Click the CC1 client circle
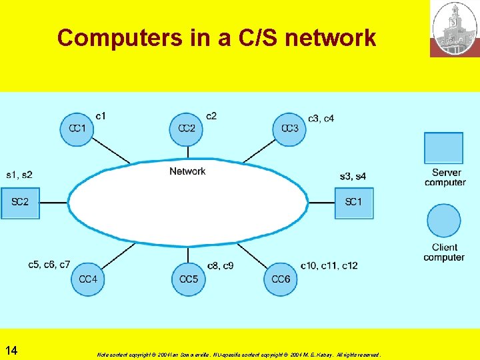(x=77, y=129)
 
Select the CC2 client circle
(x=187, y=129)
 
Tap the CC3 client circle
(x=289, y=129)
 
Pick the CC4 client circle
(x=88, y=279)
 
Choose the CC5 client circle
(x=189, y=279)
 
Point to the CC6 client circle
(x=281, y=279)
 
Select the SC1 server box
(x=353, y=203)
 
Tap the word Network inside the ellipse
(x=187, y=171)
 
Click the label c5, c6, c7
(x=49, y=265)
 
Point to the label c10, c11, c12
(x=329, y=265)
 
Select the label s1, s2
(x=19, y=175)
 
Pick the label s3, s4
(x=352, y=176)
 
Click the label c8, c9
(x=220, y=265)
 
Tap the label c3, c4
(x=321, y=118)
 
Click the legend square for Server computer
(x=443, y=148)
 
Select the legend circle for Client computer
(x=443, y=221)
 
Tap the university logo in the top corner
(x=455, y=29)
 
